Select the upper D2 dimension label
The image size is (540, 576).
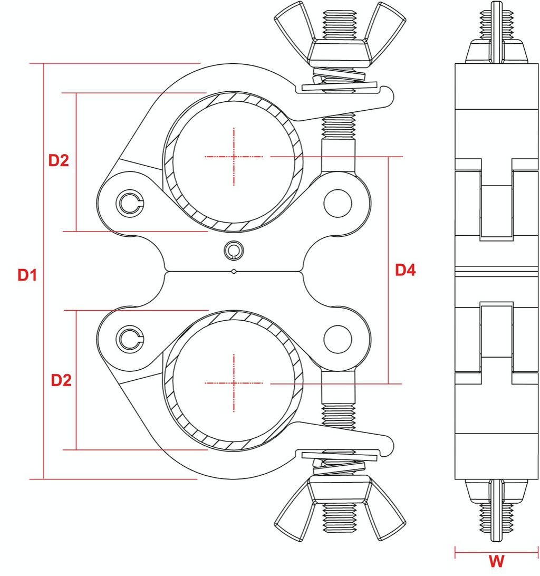[x=59, y=161]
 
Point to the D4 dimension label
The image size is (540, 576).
[x=406, y=271]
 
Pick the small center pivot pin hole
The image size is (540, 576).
[x=234, y=249]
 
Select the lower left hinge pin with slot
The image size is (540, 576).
[x=129, y=339]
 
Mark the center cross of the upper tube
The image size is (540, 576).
[x=234, y=157]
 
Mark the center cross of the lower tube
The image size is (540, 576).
[x=234, y=383]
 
